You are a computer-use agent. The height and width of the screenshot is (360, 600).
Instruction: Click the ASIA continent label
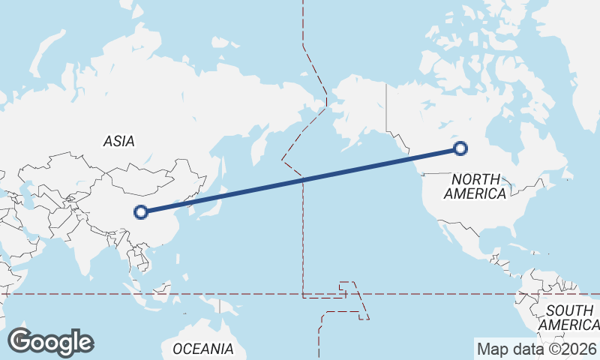(x=118, y=141)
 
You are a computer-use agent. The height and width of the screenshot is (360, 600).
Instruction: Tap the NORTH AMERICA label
(x=475, y=186)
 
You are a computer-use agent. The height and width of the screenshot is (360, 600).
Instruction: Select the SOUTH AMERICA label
(x=569, y=317)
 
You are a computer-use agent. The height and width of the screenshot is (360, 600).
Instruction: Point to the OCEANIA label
(x=202, y=349)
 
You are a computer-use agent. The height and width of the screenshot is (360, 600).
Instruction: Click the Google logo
(x=50, y=342)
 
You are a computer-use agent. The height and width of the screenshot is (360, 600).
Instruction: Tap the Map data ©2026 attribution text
(x=535, y=349)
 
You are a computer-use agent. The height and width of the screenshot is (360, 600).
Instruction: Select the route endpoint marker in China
(x=140, y=212)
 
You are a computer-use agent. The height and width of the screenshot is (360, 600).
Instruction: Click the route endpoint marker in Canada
(x=460, y=148)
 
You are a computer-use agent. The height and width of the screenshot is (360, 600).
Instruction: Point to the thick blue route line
(x=300, y=180)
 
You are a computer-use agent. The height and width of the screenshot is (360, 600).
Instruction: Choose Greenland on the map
(x=581, y=45)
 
